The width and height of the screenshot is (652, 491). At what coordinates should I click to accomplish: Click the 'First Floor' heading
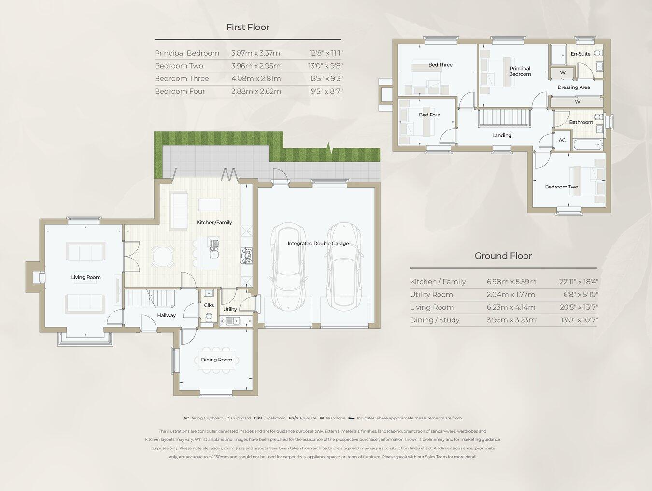click(248, 27)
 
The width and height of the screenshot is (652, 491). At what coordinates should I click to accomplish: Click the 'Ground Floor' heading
click(503, 256)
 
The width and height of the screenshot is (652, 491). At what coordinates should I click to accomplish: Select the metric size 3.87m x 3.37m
click(255, 53)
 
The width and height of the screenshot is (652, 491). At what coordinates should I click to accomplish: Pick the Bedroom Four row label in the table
click(180, 91)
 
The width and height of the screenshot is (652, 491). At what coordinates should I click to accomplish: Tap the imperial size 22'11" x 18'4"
click(579, 282)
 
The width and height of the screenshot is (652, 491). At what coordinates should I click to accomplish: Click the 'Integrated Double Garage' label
click(318, 243)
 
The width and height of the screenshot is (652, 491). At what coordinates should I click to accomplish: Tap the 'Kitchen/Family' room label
click(214, 222)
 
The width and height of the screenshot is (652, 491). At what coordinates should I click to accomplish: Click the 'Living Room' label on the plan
click(86, 277)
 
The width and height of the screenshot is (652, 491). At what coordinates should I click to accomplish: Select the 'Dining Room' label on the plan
click(216, 360)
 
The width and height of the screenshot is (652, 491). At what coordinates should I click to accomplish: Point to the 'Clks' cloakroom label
click(209, 305)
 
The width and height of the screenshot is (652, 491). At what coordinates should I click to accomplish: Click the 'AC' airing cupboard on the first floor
click(562, 140)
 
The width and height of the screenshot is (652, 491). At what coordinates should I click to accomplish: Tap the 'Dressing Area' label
click(573, 87)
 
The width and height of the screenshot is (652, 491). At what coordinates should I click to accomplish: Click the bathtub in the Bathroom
click(587, 144)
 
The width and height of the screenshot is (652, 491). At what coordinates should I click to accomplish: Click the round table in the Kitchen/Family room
click(163, 257)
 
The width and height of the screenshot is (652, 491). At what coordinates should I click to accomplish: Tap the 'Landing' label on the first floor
click(501, 135)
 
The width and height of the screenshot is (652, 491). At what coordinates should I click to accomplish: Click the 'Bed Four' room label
click(429, 115)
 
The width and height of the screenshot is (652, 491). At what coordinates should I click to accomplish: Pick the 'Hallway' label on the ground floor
click(166, 315)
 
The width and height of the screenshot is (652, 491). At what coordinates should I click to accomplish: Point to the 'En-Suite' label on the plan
click(580, 54)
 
